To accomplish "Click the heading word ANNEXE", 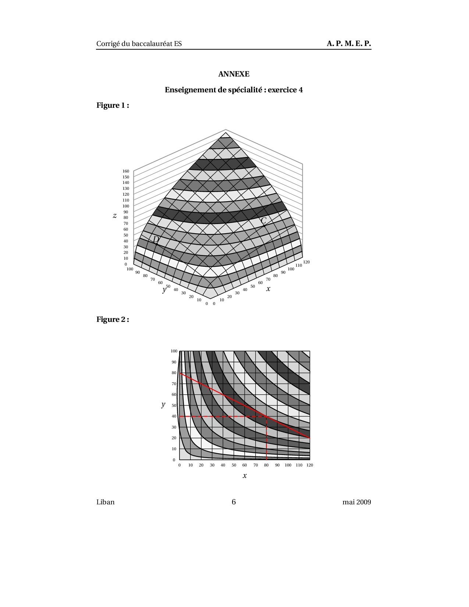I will (234, 74).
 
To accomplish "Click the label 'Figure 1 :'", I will (113, 106).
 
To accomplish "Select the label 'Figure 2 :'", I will (113, 319).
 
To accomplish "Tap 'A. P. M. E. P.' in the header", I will (349, 44).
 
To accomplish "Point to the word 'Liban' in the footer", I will (106, 502).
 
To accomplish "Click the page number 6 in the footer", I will (234, 502).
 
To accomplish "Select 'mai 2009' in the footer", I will (356, 502).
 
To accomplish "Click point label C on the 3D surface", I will (263, 221).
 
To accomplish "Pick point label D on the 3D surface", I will (156, 240).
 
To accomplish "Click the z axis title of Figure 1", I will (115, 216).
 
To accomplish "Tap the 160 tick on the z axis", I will (126, 171).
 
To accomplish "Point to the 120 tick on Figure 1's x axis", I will (306, 262).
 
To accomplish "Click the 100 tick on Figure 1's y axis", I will (130, 269).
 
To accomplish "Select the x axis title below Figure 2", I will (245, 476).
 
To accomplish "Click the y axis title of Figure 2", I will (163, 405).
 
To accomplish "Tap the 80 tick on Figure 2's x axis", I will (266, 465).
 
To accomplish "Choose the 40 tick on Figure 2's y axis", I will (174, 416).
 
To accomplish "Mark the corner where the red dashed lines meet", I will (266, 416).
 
